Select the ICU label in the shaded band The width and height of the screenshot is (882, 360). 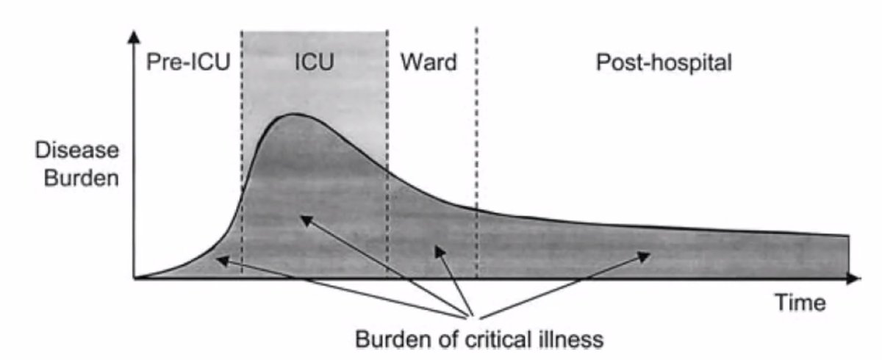click(314, 62)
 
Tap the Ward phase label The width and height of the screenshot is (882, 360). click(428, 62)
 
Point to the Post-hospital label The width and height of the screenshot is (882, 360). click(664, 62)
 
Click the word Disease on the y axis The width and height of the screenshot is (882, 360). click(76, 150)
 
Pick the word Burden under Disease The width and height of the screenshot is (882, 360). click(76, 178)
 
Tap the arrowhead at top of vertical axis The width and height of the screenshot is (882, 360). click(134, 37)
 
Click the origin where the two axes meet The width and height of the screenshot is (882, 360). click(135, 279)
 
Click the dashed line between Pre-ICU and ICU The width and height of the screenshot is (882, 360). click(242, 147)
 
